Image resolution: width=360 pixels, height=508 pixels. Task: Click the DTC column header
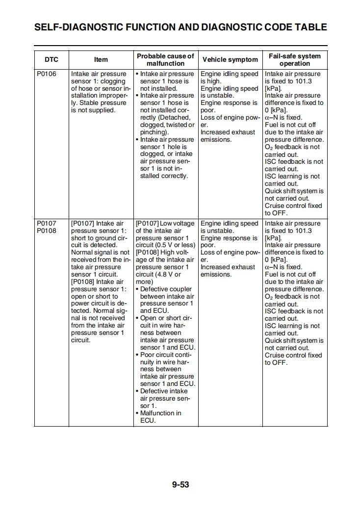pyautogui.click(x=51, y=60)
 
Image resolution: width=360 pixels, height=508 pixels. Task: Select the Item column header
pyautogui.click(x=101, y=60)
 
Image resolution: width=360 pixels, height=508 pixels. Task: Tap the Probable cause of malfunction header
pyautogui.click(x=165, y=60)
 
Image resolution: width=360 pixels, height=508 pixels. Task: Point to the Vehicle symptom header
pyautogui.click(x=230, y=60)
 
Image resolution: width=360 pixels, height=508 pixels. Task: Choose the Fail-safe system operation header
pyautogui.click(x=294, y=60)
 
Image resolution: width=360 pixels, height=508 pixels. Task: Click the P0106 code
pyautogui.click(x=47, y=74)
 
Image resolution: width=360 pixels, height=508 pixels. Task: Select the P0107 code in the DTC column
pyautogui.click(x=47, y=224)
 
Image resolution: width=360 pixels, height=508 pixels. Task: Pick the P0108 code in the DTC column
pyautogui.click(x=47, y=231)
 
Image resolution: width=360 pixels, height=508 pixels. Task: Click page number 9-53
pyautogui.click(x=180, y=485)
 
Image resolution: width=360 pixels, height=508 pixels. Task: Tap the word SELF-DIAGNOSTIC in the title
pyautogui.click(x=80, y=27)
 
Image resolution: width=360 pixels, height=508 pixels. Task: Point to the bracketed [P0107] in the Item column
pyautogui.click(x=82, y=224)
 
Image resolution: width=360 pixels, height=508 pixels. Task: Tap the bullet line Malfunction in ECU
pyautogui.click(x=160, y=413)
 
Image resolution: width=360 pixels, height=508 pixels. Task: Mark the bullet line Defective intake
pyautogui.click(x=163, y=391)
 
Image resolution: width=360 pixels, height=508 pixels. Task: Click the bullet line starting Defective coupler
pyautogui.click(x=166, y=289)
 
